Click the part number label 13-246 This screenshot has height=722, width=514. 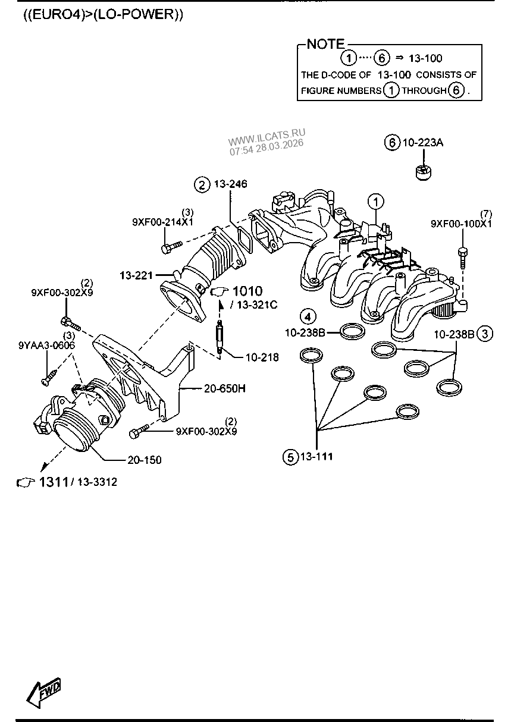pos(231,184)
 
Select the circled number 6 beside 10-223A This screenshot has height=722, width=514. pos(392,142)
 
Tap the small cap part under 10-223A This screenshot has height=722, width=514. pos(424,172)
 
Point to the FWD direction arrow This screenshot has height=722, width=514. pos(43,692)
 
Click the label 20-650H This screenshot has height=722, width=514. pos(225,388)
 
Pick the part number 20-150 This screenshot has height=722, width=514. pos(145,460)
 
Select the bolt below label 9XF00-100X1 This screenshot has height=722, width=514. pos(463,257)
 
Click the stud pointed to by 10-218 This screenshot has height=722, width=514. pos(220,337)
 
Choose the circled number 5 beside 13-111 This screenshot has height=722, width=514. pos(290,457)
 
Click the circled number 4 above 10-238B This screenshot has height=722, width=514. pos(308,317)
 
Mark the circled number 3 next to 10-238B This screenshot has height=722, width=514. pos(485,334)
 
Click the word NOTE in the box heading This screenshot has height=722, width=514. pos(325,44)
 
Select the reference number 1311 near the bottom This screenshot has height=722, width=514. pos(54,482)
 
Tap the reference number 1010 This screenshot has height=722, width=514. pos(247,291)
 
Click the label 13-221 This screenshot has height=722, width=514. pos(136,275)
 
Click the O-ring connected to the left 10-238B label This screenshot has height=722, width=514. pos(353,331)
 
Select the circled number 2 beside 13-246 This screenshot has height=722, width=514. pos(202,185)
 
